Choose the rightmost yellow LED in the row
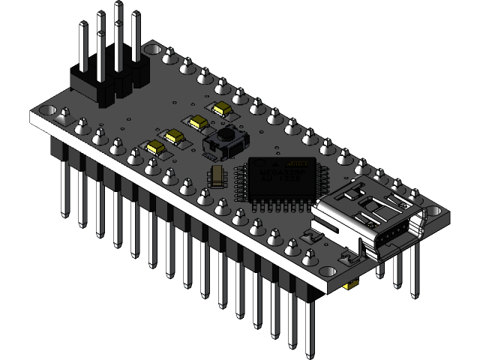221,109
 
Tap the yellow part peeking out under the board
349,286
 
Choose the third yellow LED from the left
199,122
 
